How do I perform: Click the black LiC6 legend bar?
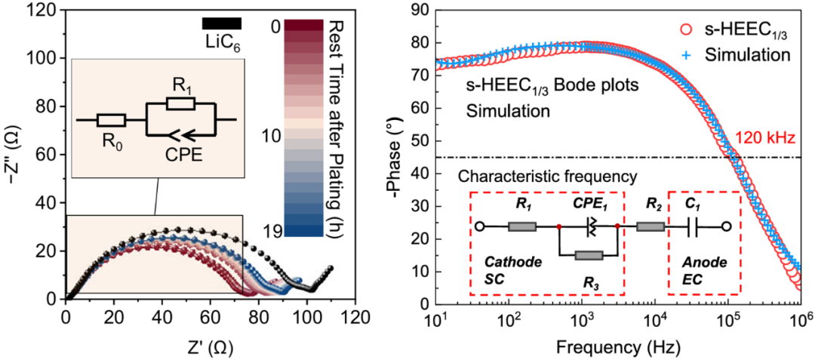[222, 23]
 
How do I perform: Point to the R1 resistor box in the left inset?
[181, 103]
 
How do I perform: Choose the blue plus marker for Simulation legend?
[685, 55]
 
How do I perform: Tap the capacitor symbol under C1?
[694, 226]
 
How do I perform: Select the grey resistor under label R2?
[650, 226]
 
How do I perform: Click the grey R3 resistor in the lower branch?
[589, 256]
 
